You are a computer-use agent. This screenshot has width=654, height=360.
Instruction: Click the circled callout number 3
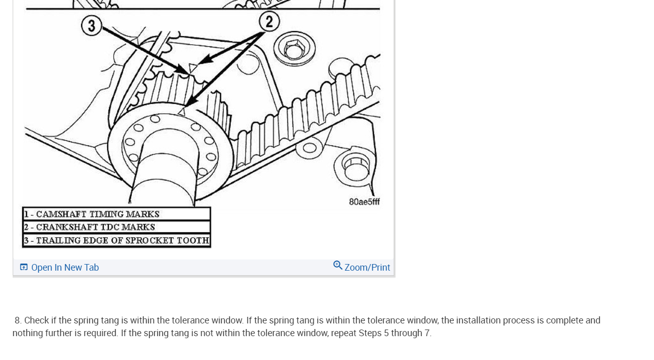click(91, 25)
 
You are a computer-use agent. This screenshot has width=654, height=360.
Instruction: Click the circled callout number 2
click(269, 22)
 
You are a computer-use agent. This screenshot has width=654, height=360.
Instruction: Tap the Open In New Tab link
click(65, 268)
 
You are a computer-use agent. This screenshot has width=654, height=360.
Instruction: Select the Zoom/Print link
click(367, 268)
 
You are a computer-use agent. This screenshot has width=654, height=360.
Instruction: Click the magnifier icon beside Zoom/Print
click(337, 266)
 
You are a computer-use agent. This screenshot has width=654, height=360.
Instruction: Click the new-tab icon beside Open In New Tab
click(24, 267)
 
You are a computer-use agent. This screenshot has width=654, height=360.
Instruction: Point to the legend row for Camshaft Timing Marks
click(116, 214)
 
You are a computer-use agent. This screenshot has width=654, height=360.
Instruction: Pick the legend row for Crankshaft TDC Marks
click(116, 227)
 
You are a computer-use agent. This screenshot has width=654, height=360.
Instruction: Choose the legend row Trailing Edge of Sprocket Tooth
click(116, 240)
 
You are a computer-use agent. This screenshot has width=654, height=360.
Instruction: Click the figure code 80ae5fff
click(364, 202)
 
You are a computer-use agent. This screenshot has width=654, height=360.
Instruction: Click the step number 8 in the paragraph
click(18, 320)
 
